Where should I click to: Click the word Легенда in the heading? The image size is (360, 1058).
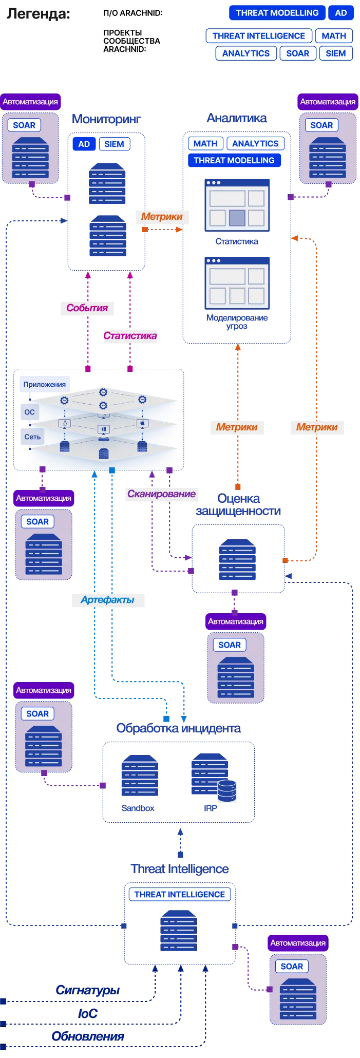pos(38,14)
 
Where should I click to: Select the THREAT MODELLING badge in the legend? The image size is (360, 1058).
pos(277,13)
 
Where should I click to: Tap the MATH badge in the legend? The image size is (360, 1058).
pos(334,36)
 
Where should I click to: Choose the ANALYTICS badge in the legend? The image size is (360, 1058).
pos(246,53)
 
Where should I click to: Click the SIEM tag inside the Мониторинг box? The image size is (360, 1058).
pos(114,144)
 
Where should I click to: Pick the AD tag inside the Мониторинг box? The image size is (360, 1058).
pos(84,144)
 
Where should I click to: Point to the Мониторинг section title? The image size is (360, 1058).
pos(106,119)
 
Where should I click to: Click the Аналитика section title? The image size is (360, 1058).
pos(237,118)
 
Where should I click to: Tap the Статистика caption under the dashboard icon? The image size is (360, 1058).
pos(237,241)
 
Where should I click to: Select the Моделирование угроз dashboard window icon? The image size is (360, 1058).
pos(237,283)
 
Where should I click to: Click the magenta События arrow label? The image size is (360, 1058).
pos(87,308)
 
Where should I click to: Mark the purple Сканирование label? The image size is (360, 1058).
pos(161,494)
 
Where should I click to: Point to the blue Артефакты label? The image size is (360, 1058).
pos(107,600)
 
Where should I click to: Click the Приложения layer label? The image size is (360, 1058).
pos(45,385)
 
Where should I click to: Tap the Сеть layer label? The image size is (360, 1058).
pos(32,437)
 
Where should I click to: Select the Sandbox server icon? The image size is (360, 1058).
pos(140,776)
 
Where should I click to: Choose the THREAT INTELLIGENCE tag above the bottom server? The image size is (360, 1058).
pos(180,895)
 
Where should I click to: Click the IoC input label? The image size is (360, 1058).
pos(88,1013)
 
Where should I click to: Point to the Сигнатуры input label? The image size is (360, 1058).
pos(88,990)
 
